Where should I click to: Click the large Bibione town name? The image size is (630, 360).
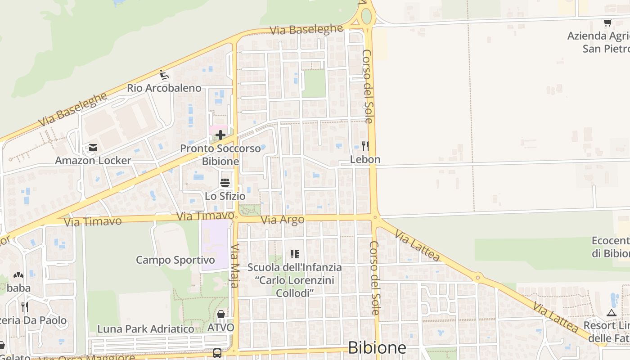pyautogui.click(x=377, y=348)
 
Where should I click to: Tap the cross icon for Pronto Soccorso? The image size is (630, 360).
pyautogui.click(x=220, y=135)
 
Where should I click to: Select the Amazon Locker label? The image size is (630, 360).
pyautogui.click(x=93, y=161)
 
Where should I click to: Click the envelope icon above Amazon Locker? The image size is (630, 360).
pyautogui.click(x=93, y=148)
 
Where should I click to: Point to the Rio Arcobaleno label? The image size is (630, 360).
pyautogui.click(x=164, y=88)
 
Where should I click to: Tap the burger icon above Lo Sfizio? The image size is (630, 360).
pyautogui.click(x=225, y=183)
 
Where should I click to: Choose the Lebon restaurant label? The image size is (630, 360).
pyautogui.click(x=365, y=159)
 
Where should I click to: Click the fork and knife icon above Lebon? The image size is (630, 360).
pyautogui.click(x=365, y=146)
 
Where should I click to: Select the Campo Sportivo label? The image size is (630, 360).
pyautogui.click(x=175, y=260)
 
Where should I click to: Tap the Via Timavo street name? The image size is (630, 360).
pyautogui.click(x=93, y=221)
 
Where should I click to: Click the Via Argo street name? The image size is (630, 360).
pyautogui.click(x=283, y=220)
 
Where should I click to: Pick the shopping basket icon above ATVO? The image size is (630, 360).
pyautogui.click(x=221, y=314)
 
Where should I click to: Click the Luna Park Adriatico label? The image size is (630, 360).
pyautogui.click(x=146, y=329)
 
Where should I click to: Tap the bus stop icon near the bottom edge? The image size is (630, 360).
pyautogui.click(x=217, y=353)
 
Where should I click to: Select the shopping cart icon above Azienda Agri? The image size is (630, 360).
pyautogui.click(x=607, y=22)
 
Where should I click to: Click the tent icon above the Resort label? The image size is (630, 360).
pyautogui.click(x=611, y=313)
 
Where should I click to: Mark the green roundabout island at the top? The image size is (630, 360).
pyautogui.click(x=366, y=17)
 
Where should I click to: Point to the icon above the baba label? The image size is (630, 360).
pyautogui.click(x=18, y=274)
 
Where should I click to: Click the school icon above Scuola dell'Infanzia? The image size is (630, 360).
pyautogui.click(x=295, y=254)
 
